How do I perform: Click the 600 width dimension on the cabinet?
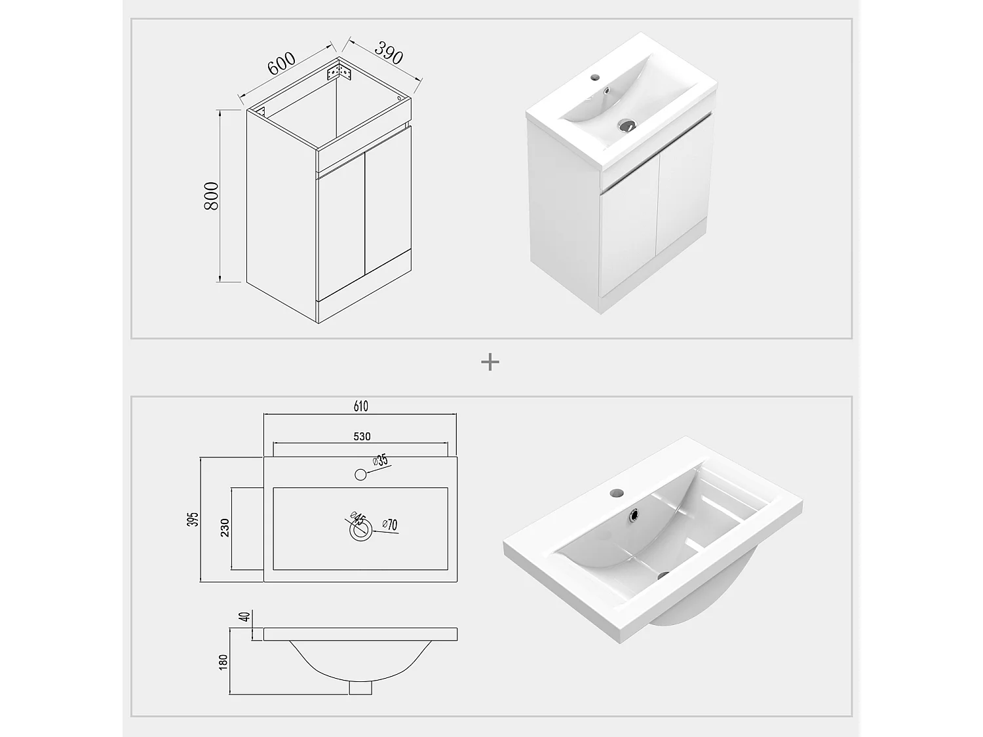[x=281, y=64]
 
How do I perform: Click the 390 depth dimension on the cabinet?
[x=389, y=52]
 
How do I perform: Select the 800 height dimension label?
[x=212, y=196]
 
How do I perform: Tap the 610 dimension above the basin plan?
[x=360, y=406]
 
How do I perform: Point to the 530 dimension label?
[x=362, y=436]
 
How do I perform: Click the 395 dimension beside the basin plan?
[x=193, y=519]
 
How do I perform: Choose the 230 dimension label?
[x=225, y=528]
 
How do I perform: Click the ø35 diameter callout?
[x=379, y=461]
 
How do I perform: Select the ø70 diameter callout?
[x=390, y=525]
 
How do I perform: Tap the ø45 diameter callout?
[x=358, y=518]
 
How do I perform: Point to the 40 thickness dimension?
[x=245, y=617]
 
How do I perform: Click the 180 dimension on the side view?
[x=223, y=662]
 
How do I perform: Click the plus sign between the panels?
[x=490, y=362]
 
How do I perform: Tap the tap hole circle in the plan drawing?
[x=360, y=475]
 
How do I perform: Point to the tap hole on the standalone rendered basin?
[x=617, y=493]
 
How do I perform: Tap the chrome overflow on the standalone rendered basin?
[x=634, y=515]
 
